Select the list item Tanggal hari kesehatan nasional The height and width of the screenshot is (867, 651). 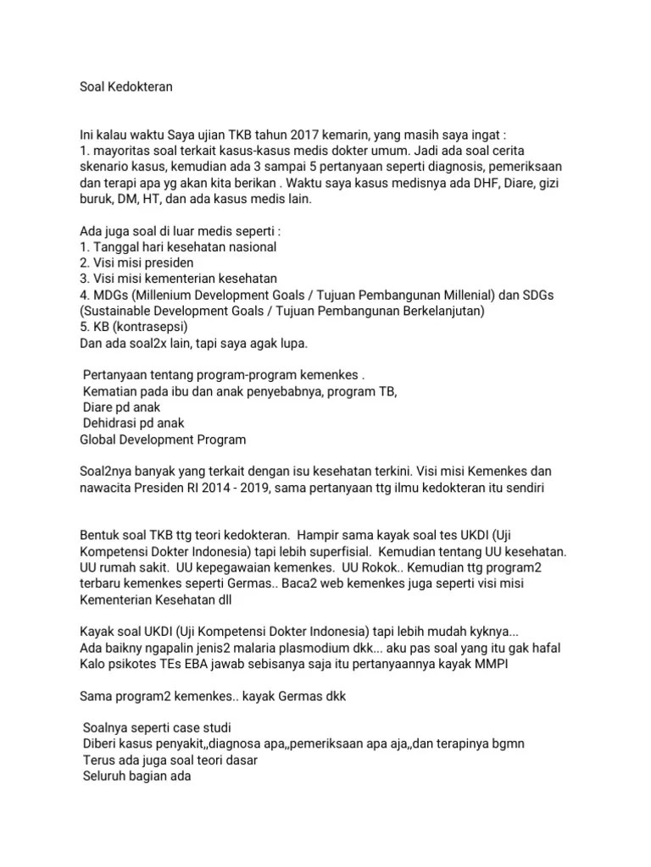177,246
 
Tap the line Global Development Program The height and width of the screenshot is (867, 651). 163,439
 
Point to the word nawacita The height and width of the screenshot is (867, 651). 108,488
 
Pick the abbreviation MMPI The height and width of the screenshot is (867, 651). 494,664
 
